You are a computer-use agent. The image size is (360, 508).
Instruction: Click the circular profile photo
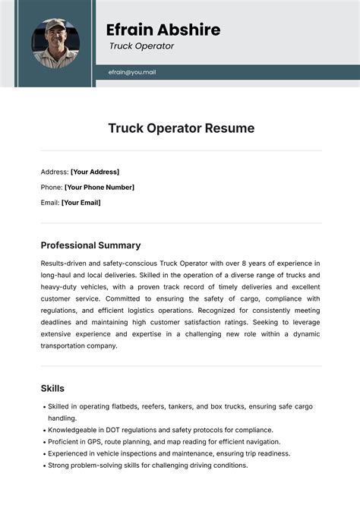click(55, 43)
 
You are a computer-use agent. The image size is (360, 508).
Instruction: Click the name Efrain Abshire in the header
click(163, 30)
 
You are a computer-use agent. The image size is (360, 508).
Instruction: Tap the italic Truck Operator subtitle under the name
click(141, 46)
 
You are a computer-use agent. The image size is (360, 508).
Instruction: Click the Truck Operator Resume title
click(180, 128)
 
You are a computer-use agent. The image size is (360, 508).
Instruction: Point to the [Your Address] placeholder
click(95, 172)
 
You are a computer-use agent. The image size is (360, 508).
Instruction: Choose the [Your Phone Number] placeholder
click(99, 187)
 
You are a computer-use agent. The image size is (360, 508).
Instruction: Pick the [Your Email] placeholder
click(81, 203)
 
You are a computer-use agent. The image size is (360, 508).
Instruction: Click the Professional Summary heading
click(90, 245)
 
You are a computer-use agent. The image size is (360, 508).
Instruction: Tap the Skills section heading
click(52, 389)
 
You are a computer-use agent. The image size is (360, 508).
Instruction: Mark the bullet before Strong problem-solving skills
click(43, 465)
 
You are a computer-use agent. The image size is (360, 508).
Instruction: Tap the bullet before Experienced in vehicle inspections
click(43, 453)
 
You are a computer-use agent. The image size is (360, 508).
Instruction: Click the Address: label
click(55, 172)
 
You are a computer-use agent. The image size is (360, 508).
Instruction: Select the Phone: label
click(52, 187)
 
